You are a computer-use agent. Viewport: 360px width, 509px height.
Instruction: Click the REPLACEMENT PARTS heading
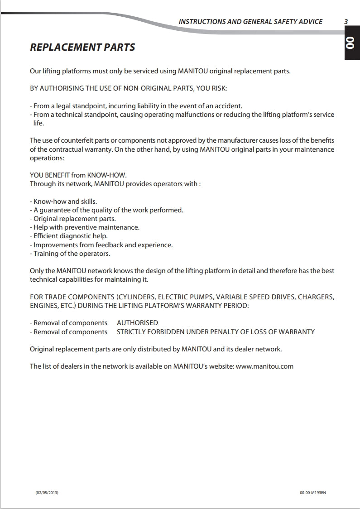(82, 47)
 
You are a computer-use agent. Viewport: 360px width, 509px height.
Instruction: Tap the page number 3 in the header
(346, 21)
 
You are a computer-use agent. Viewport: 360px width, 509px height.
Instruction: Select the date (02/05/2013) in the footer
(47, 493)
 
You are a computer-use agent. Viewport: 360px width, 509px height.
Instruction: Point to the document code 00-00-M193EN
(312, 493)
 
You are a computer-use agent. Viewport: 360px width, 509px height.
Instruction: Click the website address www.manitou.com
(264, 366)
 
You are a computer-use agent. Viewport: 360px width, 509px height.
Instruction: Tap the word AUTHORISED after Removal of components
(137, 323)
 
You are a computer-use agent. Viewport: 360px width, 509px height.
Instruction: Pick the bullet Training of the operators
(70, 254)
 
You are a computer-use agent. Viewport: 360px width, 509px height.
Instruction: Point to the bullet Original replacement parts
(73, 219)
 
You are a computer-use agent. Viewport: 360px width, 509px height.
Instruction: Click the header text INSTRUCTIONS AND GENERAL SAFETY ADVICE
(250, 21)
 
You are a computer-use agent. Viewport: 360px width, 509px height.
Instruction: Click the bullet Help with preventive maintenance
(85, 227)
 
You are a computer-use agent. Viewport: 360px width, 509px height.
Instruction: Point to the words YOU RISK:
(211, 88)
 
